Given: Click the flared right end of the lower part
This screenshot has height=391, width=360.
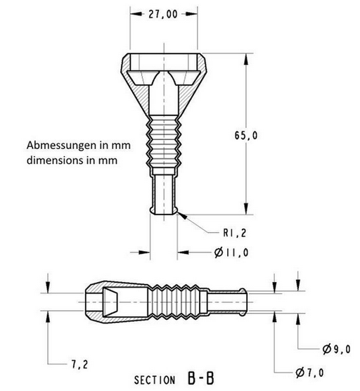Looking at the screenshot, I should pos(240,300).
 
